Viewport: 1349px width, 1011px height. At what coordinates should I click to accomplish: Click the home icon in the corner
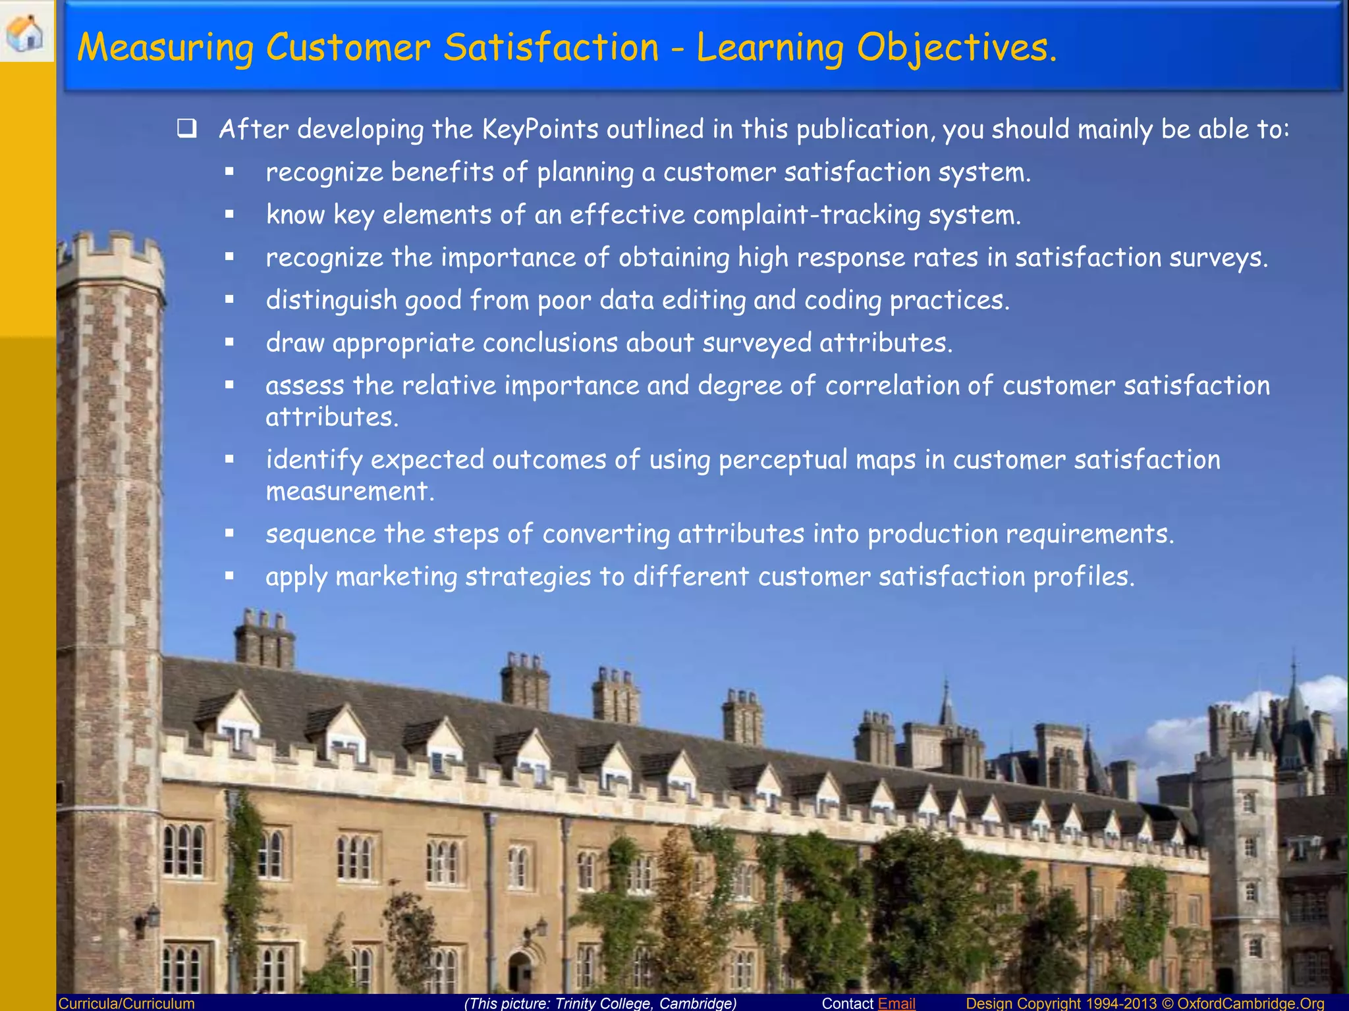(x=25, y=31)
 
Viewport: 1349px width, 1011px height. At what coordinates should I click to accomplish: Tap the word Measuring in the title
(x=165, y=48)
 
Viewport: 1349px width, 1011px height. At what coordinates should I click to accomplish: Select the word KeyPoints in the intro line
(x=539, y=129)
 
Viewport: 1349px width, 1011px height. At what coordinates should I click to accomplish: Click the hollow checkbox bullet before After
(x=187, y=128)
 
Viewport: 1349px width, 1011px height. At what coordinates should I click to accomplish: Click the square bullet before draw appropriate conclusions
(x=229, y=342)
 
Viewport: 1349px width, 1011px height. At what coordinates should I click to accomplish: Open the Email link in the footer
(x=896, y=1003)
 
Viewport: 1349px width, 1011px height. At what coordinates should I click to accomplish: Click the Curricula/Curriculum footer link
(x=126, y=1003)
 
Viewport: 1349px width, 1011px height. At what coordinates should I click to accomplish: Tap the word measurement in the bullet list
(x=349, y=492)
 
